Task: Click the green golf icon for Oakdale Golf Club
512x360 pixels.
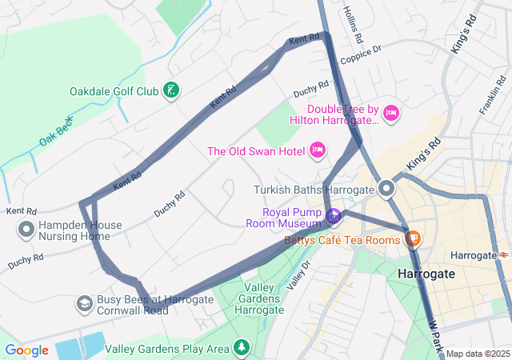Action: (170, 90)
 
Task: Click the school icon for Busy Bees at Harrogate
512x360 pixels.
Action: (84, 304)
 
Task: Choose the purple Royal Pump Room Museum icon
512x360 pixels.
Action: (334, 216)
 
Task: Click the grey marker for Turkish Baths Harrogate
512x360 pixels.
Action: (387, 190)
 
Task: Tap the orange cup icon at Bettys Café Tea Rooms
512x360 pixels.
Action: (413, 238)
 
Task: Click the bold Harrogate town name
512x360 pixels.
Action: (426, 274)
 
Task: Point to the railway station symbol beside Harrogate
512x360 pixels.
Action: (506, 254)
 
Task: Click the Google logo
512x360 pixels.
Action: (26, 350)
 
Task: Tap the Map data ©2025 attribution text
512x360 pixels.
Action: (478, 354)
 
